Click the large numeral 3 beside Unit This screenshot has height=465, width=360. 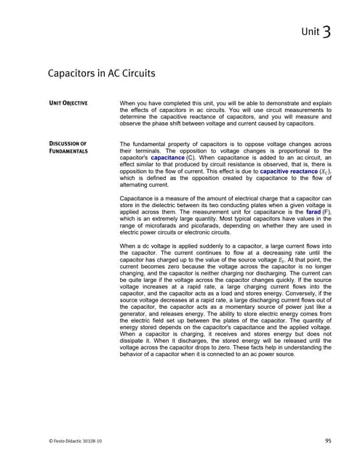(327, 31)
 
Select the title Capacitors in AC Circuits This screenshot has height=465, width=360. (100, 73)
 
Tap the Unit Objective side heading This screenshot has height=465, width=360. (68, 102)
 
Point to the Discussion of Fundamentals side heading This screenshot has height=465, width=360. (68, 147)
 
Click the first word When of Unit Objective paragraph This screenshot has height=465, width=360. (129, 102)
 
